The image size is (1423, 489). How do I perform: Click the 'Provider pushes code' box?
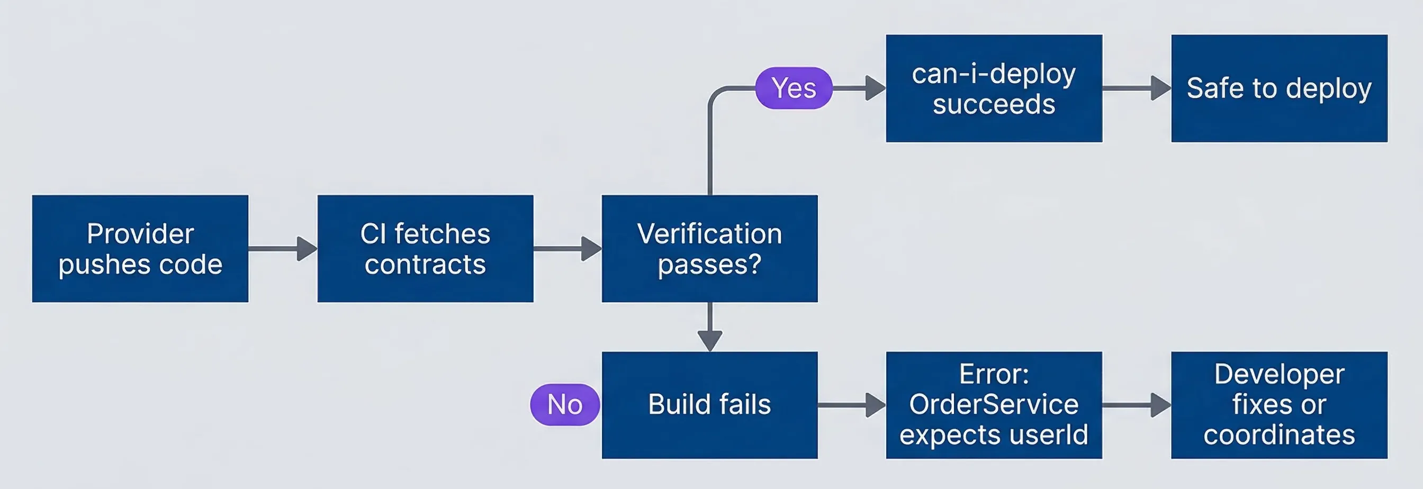click(140, 248)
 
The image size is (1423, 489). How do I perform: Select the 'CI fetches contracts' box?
click(425, 248)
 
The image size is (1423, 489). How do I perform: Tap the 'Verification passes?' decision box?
click(709, 248)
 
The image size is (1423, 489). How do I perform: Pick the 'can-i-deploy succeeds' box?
click(994, 88)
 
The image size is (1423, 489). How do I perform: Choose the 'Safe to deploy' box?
click(1279, 88)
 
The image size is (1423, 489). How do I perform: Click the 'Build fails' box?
click(709, 404)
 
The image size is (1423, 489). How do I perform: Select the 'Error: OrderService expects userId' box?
click(994, 404)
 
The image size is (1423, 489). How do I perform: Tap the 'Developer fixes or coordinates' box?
click(1279, 404)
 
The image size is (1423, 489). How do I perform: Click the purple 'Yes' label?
click(793, 88)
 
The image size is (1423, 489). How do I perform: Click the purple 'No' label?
click(564, 404)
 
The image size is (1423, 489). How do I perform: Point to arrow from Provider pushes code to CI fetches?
click(282, 248)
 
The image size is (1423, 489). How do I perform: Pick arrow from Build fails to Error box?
click(851, 404)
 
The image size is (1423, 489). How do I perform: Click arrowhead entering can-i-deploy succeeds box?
click(875, 88)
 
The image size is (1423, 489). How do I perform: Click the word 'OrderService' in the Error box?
click(994, 404)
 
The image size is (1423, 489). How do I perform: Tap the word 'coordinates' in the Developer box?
click(1279, 435)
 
